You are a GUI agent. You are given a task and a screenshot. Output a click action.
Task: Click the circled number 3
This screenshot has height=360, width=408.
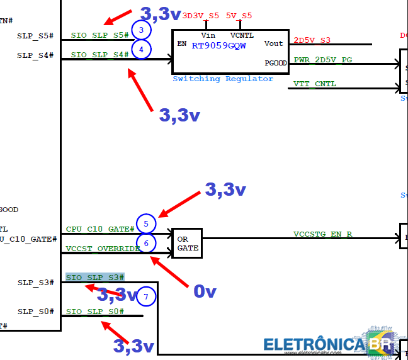point(142,30)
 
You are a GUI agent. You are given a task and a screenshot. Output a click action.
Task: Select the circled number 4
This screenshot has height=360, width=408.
point(142,49)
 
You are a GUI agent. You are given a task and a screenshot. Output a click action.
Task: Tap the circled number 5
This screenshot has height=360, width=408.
point(146,223)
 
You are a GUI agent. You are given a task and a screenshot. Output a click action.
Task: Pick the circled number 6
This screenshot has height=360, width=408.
point(146,243)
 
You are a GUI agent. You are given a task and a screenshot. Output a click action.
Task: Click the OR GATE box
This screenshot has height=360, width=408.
point(187,244)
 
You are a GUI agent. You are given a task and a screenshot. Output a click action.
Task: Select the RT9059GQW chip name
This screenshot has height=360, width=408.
point(220,45)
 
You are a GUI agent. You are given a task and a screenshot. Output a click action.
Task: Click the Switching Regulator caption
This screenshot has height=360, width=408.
point(223,79)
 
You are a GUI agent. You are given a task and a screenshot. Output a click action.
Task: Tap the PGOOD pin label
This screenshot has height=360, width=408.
point(275,64)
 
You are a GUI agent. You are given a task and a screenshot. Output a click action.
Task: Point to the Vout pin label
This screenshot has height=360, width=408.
point(274,43)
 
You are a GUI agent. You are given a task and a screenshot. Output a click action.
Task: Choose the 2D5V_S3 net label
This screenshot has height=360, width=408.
point(312,40)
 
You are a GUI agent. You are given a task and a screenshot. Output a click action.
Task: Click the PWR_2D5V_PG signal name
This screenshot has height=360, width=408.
point(322,60)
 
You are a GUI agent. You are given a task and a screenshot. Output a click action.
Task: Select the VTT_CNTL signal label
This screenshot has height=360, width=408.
point(314,84)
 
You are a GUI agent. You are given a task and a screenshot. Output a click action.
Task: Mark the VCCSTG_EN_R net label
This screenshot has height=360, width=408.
point(322,234)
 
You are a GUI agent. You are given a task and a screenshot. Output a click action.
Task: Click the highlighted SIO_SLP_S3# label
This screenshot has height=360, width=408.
point(95,278)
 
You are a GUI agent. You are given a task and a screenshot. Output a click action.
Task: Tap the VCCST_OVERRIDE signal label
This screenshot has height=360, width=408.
point(103,249)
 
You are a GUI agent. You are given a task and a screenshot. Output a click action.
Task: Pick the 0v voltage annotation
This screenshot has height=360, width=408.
point(205,291)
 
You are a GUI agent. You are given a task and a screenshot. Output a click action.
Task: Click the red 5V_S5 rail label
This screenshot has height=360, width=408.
point(239,16)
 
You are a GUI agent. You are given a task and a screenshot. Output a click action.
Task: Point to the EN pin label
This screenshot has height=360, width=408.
point(182,44)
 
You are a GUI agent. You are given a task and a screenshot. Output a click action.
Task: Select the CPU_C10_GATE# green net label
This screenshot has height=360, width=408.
point(100,229)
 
